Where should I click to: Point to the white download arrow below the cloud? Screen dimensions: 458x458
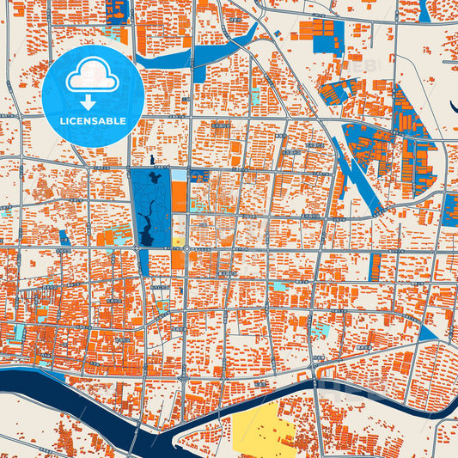tap(89, 102)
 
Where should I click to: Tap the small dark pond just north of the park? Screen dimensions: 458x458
tap(151, 160)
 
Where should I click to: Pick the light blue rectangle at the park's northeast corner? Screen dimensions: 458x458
tap(178, 175)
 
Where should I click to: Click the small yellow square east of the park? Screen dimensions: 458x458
tap(178, 241)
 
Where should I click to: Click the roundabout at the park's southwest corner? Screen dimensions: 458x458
tap(137, 248)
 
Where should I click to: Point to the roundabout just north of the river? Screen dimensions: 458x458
tap(184, 376)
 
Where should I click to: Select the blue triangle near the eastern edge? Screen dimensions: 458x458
tap(427, 333)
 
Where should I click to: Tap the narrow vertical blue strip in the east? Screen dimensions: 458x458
tap(375, 266)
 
